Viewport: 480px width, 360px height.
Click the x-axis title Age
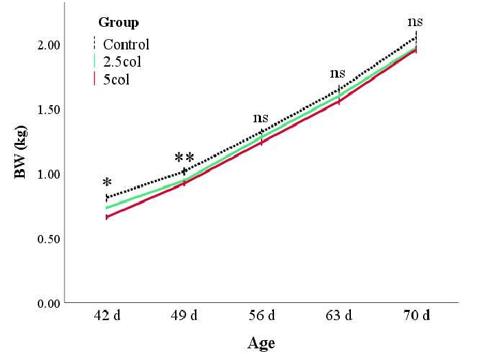[x=261, y=343]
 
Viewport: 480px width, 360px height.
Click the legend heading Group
[x=118, y=23]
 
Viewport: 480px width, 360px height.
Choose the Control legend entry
[x=126, y=45]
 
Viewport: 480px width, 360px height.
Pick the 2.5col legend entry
[x=124, y=63]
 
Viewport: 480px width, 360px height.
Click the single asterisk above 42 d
[x=107, y=183]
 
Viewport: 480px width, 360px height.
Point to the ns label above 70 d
[x=416, y=23]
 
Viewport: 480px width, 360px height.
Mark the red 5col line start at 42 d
[x=107, y=217]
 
